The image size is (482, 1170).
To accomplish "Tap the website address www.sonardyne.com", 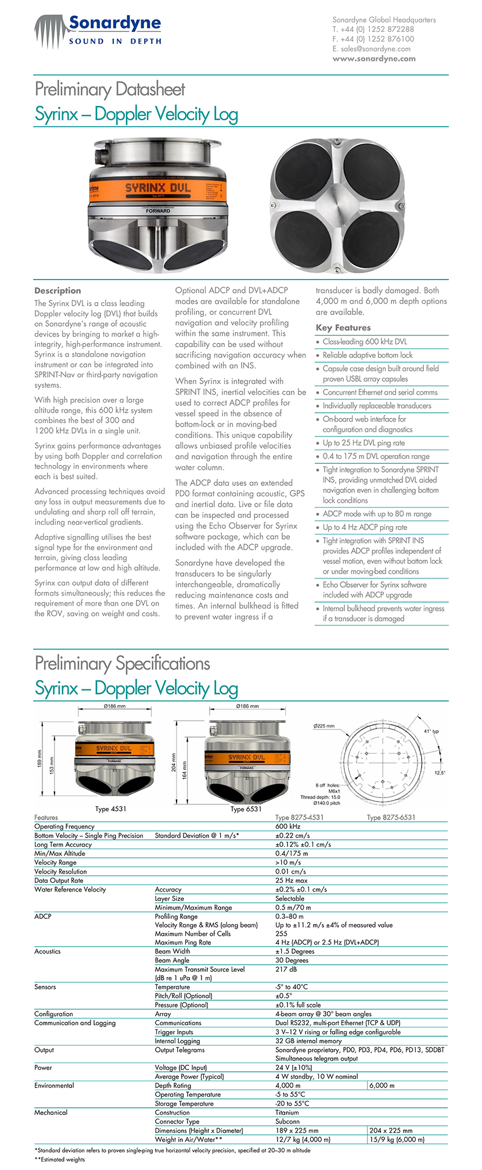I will (x=374, y=59).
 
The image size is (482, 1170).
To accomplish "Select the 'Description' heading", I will (x=57, y=291).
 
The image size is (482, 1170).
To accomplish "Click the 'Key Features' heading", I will (x=343, y=328).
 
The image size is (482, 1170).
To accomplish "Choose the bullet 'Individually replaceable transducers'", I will (x=377, y=406).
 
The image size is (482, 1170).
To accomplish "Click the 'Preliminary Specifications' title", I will (x=123, y=663).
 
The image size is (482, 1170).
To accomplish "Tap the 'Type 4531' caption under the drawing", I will (x=110, y=808).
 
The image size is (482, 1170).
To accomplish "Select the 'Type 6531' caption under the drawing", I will (x=246, y=808).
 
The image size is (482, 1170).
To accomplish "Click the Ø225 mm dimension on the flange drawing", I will (x=323, y=726).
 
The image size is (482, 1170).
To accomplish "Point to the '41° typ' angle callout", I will (x=431, y=731).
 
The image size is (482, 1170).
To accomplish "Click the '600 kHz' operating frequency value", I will (x=288, y=826).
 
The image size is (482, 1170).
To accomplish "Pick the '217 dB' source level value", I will (x=285, y=969).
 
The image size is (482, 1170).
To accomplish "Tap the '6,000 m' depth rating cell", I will (x=382, y=1085).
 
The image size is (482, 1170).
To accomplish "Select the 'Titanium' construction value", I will (x=287, y=1112).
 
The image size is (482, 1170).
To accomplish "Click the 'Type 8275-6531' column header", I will (x=391, y=817).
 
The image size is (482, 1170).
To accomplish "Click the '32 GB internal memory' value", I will (x=308, y=1041).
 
